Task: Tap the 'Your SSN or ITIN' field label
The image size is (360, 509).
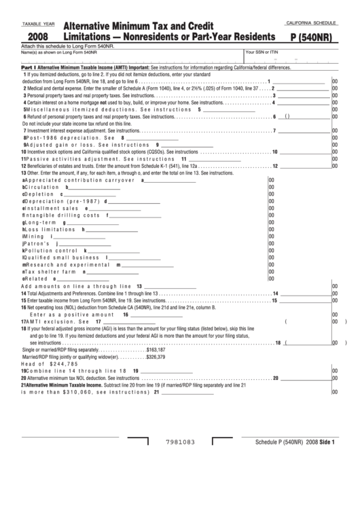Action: (x=262, y=52)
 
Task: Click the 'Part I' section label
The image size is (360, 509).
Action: (x=28, y=68)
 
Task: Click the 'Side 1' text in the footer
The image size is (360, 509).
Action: (x=328, y=442)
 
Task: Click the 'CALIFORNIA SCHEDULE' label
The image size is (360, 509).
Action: (x=312, y=23)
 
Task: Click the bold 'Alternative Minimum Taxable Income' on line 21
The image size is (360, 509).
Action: (x=66, y=385)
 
